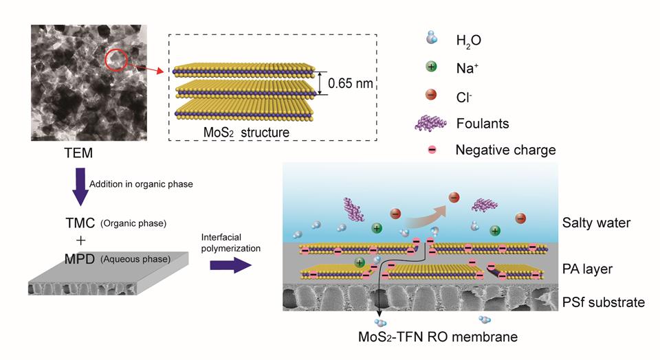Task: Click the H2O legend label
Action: (468, 41)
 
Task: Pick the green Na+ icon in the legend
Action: (431, 67)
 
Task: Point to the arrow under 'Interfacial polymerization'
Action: (233, 265)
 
